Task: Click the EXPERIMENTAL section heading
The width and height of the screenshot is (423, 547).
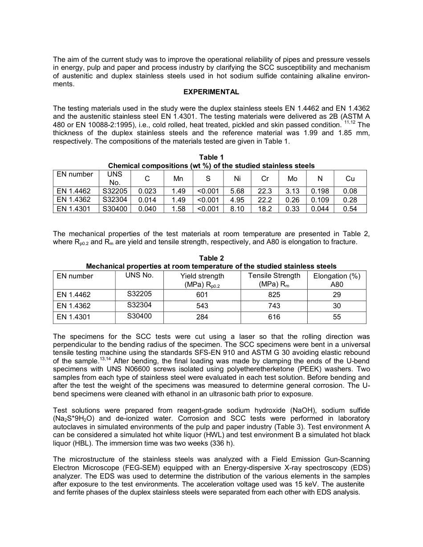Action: (211, 92)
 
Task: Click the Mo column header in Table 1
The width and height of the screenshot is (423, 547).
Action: (293, 178)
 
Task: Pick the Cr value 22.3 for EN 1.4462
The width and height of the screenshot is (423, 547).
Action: (265, 191)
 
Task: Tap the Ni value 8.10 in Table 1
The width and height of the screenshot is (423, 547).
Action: (237, 209)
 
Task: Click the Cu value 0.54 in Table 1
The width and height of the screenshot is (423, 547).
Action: (350, 209)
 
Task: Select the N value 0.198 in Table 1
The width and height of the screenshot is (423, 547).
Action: (320, 191)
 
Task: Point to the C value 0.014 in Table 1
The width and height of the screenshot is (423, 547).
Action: (147, 200)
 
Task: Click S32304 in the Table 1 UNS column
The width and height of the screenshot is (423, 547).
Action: (114, 200)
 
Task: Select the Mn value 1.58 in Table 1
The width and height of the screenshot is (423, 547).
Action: (179, 209)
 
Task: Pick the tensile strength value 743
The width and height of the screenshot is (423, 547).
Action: (274, 306)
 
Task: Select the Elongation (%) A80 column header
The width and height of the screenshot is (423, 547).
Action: (337, 280)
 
